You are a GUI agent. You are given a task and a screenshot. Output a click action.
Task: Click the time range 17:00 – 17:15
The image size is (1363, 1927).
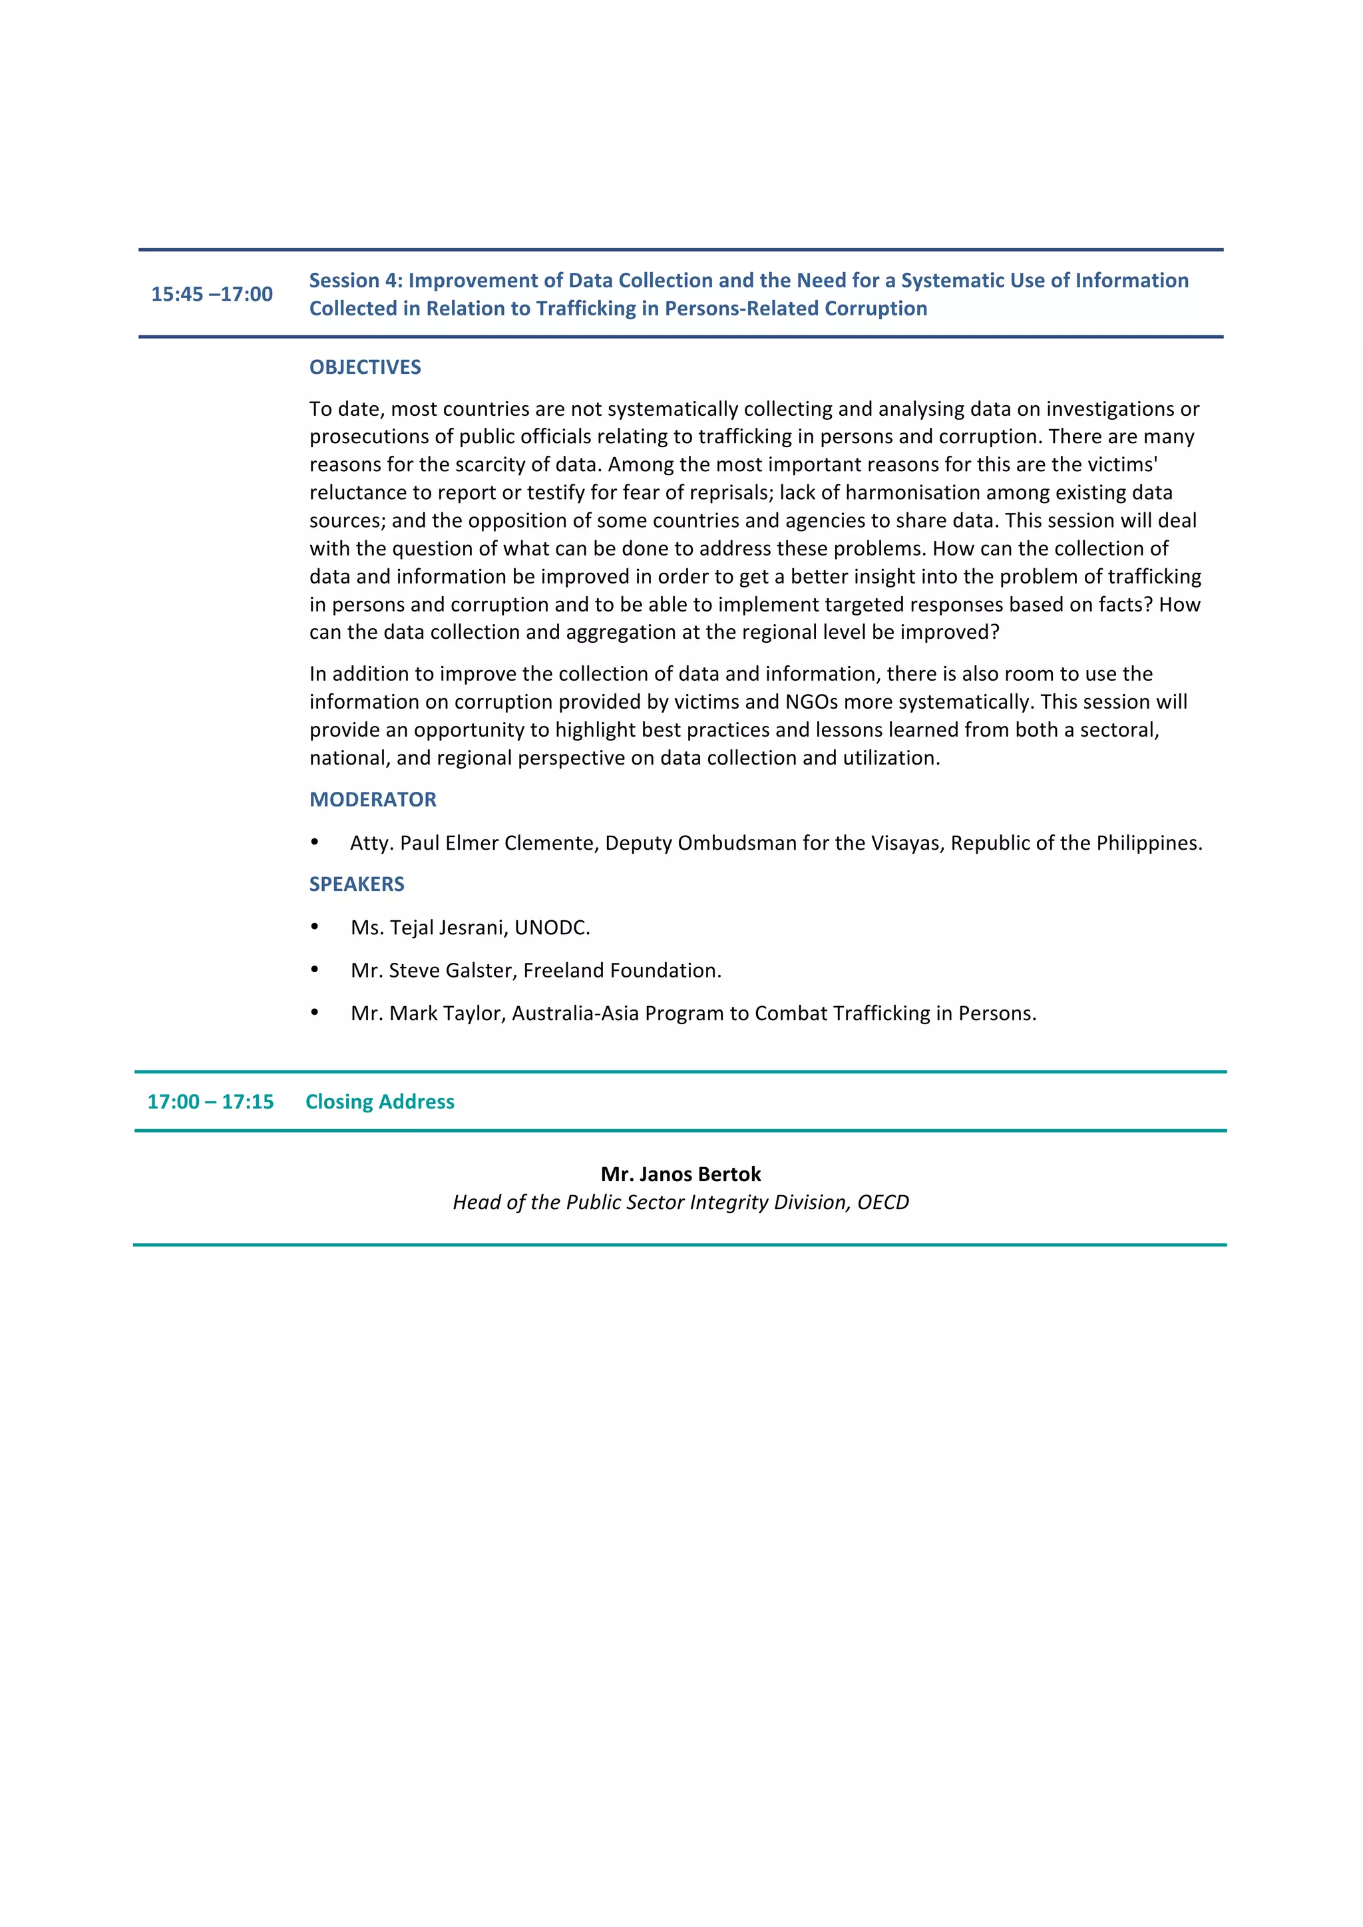point(211,1102)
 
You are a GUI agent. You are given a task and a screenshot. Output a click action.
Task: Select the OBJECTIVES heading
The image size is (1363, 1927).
point(365,367)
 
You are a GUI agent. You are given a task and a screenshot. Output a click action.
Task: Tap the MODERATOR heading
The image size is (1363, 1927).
point(373,800)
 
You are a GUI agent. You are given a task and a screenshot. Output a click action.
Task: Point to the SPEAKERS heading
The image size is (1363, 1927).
point(357,884)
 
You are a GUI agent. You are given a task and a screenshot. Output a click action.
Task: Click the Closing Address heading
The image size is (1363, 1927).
point(379,1102)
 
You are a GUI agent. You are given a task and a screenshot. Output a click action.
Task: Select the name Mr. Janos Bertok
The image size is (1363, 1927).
point(681,1174)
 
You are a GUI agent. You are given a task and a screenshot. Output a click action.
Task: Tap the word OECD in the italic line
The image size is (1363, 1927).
point(883,1202)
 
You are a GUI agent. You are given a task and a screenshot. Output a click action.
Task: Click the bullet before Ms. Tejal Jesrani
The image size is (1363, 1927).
point(315,927)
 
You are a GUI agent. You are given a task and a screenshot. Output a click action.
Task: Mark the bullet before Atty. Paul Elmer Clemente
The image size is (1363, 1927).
point(315,842)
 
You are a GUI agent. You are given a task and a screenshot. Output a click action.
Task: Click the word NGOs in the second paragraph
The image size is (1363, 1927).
point(813,703)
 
